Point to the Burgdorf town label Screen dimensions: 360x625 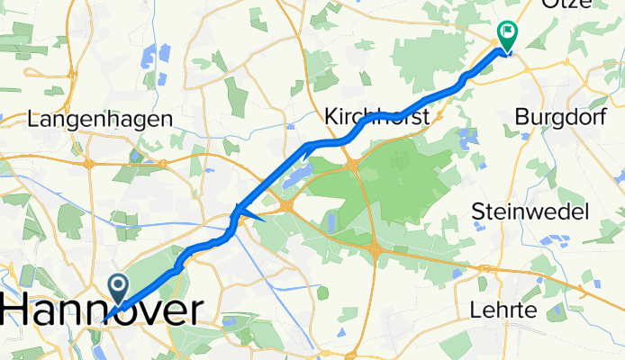coord(560,116)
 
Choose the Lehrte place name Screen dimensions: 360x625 coord(503,310)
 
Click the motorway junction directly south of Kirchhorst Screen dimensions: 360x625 coord(352,164)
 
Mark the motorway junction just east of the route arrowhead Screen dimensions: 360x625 coord(286,207)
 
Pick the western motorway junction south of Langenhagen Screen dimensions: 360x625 coord(89,164)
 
